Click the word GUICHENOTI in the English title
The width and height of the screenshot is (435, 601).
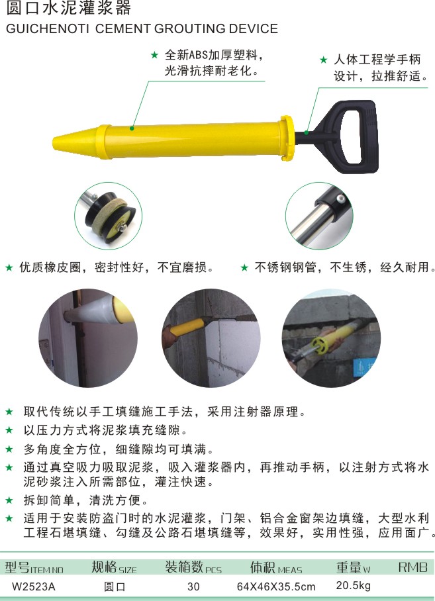coord(48,28)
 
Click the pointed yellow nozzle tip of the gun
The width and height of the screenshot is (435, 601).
coord(54,142)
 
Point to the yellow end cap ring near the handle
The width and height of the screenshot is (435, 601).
coord(287,138)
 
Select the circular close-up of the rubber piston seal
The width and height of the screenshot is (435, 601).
coord(108,216)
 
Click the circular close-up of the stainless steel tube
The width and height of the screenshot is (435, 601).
coord(319,216)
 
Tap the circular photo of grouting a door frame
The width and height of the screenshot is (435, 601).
coord(88,338)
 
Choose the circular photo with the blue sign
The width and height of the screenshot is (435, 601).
coord(331,338)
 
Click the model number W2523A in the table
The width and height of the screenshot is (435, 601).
coord(34,586)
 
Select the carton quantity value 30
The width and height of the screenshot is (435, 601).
coord(193,586)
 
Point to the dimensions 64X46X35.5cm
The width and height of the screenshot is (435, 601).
coord(276,586)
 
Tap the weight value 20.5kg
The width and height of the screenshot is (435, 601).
coord(354,586)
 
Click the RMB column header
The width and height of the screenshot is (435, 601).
coord(412,567)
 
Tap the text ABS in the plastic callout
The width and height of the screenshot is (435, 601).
coord(199,55)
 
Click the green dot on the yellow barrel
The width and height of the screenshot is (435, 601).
coord(132,128)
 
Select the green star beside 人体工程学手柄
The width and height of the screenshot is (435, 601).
coord(324,60)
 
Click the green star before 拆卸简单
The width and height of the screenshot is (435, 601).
coord(9,500)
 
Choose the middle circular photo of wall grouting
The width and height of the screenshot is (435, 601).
coord(211,338)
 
